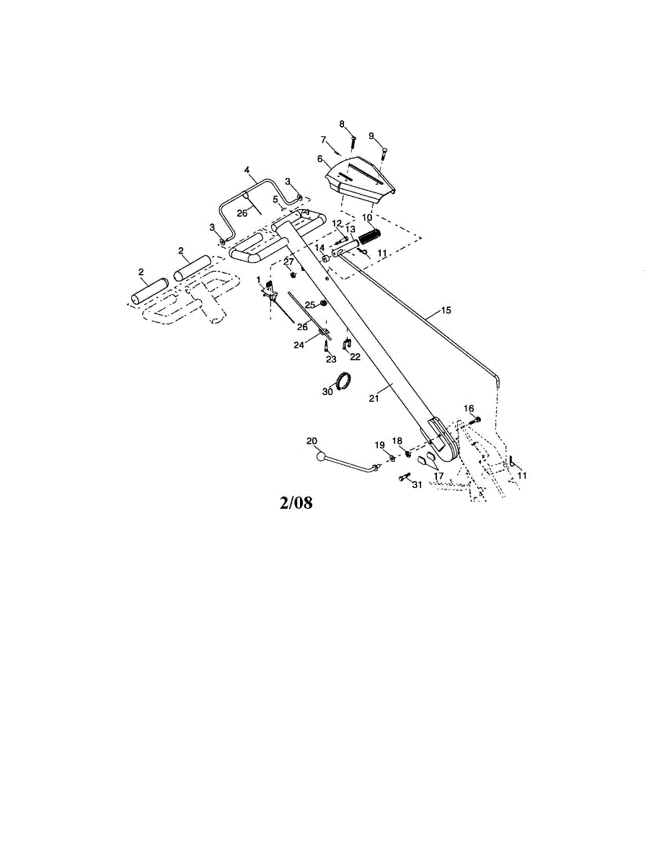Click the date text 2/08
coord(296,502)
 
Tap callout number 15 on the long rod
coord(446,310)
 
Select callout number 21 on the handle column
coord(374,398)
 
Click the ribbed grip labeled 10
coord(369,238)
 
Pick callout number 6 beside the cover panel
coord(319,159)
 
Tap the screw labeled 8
coord(353,141)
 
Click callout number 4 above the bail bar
coord(247,170)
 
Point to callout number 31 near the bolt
coord(417,485)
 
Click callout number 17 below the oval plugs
coord(438,476)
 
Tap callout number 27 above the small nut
coord(288,262)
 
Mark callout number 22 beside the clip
coord(355,357)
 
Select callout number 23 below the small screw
coord(331,359)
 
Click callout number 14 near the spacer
coord(319,247)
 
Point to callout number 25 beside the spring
coord(310,305)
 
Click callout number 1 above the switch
coord(258,279)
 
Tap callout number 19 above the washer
coord(380,444)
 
